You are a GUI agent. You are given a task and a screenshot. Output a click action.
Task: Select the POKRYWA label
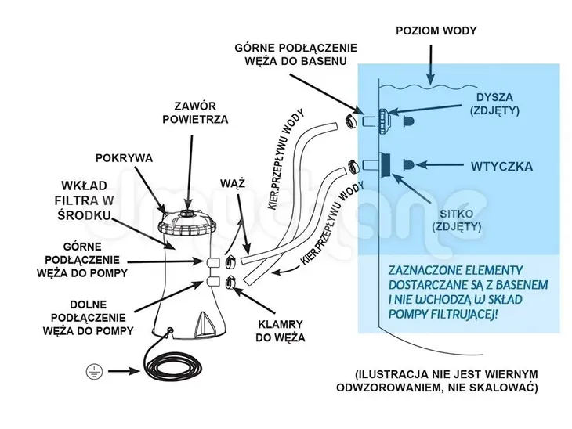(124, 157)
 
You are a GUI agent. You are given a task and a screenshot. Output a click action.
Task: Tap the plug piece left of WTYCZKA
(410, 165)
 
